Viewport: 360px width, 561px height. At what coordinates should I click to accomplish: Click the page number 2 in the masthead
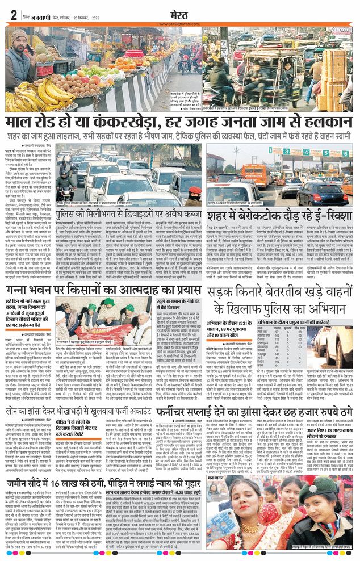(x=13, y=15)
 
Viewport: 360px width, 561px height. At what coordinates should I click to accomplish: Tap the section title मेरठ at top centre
(x=181, y=14)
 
